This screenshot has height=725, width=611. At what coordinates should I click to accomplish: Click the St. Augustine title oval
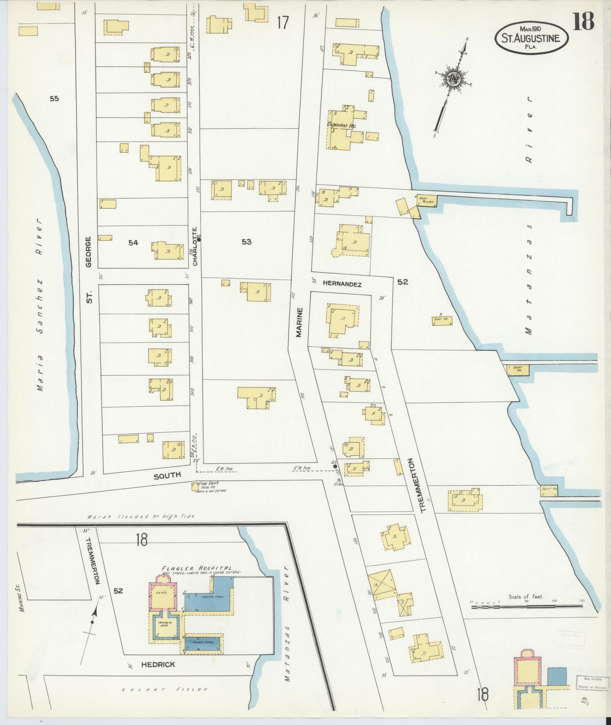[532, 37]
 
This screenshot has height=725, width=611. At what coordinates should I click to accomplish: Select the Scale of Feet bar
[527, 607]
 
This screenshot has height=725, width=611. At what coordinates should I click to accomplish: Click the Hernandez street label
[342, 284]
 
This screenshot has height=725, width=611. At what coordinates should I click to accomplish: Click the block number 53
[246, 242]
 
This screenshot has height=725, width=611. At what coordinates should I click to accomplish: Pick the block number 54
[133, 243]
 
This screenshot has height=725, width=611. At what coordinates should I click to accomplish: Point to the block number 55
[54, 99]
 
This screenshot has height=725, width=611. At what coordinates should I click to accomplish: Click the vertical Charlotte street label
[195, 246]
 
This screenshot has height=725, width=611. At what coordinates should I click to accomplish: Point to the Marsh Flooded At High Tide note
[140, 517]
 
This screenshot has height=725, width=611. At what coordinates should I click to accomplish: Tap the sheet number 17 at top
[283, 23]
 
